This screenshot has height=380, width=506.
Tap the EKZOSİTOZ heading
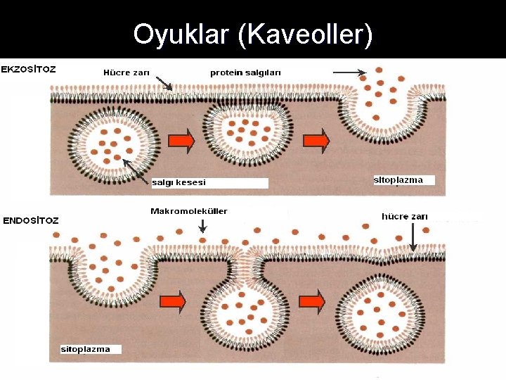(x=29, y=70)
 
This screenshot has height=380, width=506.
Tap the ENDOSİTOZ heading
(x=31, y=220)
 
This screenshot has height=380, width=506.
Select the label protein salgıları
(x=245, y=72)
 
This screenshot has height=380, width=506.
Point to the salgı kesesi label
(x=179, y=183)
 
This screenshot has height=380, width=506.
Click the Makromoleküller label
(x=188, y=211)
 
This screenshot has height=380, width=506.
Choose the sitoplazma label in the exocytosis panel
(x=398, y=180)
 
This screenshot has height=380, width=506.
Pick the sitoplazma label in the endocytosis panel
(x=86, y=349)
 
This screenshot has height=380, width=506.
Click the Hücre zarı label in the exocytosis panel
(x=126, y=72)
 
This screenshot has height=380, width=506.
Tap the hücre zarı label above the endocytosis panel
(x=404, y=217)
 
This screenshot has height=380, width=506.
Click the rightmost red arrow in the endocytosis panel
(x=312, y=302)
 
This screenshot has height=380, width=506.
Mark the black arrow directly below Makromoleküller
(x=202, y=226)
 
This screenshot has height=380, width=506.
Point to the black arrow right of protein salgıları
(x=349, y=72)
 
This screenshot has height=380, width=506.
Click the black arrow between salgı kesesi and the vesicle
(x=136, y=170)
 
